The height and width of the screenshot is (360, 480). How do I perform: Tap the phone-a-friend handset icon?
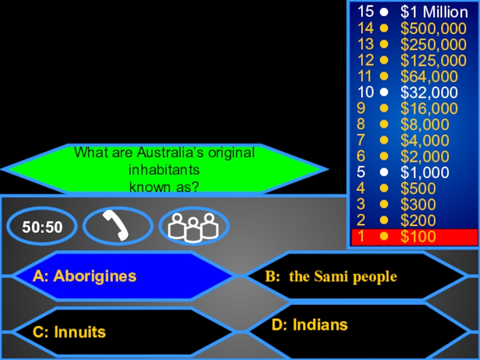[118, 226]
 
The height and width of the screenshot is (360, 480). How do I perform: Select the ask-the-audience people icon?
[193, 226]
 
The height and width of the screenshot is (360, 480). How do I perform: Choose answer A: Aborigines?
[85, 277]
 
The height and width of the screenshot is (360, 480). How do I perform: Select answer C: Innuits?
[70, 332]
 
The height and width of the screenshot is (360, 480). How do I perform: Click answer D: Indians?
[310, 325]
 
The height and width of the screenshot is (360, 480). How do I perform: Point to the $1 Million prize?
[434, 12]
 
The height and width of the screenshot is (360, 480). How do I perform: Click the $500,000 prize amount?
[433, 28]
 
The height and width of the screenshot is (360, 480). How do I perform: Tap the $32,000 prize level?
[429, 92]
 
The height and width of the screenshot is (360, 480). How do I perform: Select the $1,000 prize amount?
[425, 173]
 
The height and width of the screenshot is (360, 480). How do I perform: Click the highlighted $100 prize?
[418, 237]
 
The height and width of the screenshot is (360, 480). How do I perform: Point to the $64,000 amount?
[429, 76]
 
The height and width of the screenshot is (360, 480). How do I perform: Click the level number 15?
[365, 12]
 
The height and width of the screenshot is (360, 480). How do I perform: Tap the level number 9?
[361, 109]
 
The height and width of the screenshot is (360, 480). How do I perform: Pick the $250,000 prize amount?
[433, 44]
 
